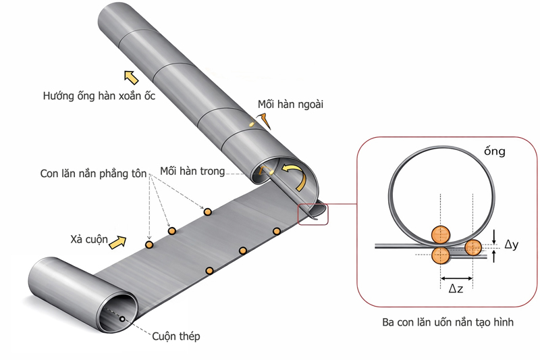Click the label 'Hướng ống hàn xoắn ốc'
click(x=99, y=96)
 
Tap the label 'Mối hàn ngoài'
click(x=291, y=105)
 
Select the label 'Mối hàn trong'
click(x=192, y=171)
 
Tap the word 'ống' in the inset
click(x=494, y=151)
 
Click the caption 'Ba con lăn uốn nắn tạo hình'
click(x=447, y=322)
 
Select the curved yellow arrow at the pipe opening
click(x=297, y=174)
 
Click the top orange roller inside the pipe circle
click(x=441, y=234)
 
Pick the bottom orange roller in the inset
click(x=441, y=255)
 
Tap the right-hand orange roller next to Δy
click(x=473, y=248)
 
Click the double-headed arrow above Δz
click(x=457, y=277)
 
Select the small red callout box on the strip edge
click(x=313, y=212)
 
